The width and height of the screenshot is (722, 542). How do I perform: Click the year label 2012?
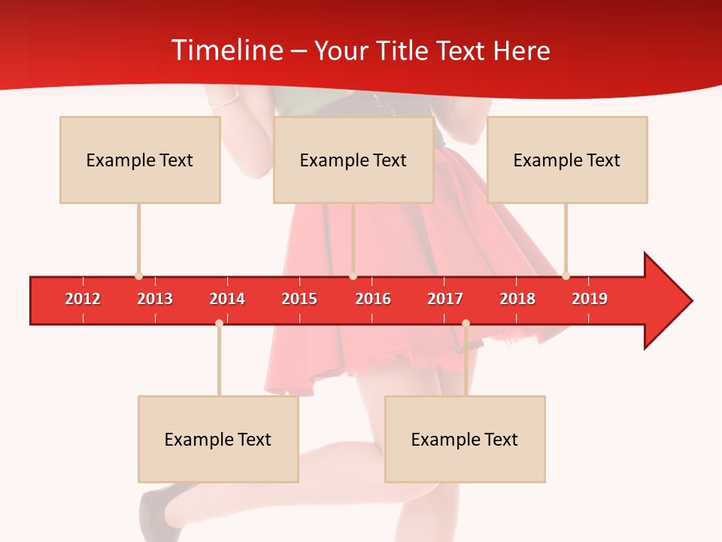(x=83, y=299)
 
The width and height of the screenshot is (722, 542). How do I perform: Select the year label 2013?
(x=155, y=299)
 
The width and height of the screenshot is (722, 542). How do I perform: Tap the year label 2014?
(x=227, y=299)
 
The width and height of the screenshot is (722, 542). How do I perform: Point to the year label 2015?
(x=299, y=299)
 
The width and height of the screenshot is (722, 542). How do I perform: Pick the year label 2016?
(x=373, y=299)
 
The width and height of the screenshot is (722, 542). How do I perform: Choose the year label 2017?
(x=445, y=299)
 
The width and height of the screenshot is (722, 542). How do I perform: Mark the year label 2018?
(x=517, y=299)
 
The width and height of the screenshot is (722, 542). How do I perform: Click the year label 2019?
(x=590, y=299)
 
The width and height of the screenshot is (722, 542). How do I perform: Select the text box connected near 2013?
(x=140, y=160)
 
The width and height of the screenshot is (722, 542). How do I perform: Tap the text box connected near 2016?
(x=353, y=160)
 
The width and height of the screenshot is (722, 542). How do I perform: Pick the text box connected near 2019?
(x=567, y=160)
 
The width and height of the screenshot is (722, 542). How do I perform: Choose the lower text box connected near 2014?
(x=218, y=439)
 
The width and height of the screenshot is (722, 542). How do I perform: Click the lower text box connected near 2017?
(x=465, y=439)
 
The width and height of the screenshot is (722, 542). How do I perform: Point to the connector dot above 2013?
(x=138, y=276)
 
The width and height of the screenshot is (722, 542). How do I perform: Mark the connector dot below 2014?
(x=219, y=323)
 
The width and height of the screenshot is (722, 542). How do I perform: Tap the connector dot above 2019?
(x=566, y=276)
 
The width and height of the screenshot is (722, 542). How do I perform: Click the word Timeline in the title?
(x=226, y=50)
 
